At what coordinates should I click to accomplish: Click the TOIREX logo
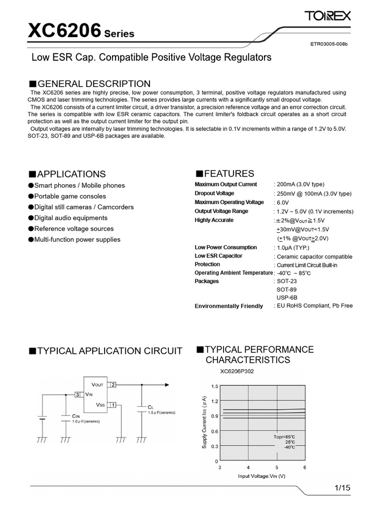click(328, 17)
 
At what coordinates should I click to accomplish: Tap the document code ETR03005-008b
click(329, 44)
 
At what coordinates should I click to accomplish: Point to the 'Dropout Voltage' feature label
click(214, 193)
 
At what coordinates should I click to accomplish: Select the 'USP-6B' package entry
click(287, 297)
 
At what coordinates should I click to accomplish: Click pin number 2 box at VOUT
click(113, 384)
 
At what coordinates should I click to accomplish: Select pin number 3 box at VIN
click(77, 394)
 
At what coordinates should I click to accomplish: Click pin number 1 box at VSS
click(113, 405)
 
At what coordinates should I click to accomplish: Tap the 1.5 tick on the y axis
click(214, 386)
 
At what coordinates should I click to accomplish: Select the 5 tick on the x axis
click(276, 467)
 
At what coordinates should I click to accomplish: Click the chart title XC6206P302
click(237, 372)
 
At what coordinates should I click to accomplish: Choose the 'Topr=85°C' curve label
click(285, 437)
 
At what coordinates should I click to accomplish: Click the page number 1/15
click(342, 488)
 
